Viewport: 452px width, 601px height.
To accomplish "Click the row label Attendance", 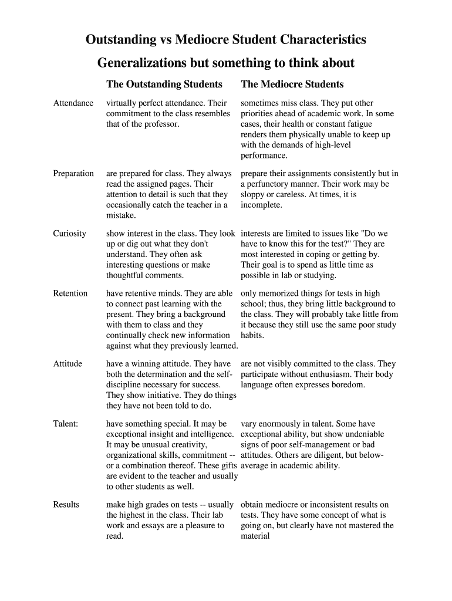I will point(73,103).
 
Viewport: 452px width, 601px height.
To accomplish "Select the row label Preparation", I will point(73,174).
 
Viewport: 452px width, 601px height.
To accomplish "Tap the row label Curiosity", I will point(70,234).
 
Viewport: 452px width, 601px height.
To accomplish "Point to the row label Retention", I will point(70,293).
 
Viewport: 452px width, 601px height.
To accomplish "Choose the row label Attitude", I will point(68,364).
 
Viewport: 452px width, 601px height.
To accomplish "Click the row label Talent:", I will point(66,424).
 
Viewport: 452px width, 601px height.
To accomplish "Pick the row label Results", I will point(66,505).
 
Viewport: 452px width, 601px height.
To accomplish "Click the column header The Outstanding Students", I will point(164,85).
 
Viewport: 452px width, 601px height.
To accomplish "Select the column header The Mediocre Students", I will point(292,85).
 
